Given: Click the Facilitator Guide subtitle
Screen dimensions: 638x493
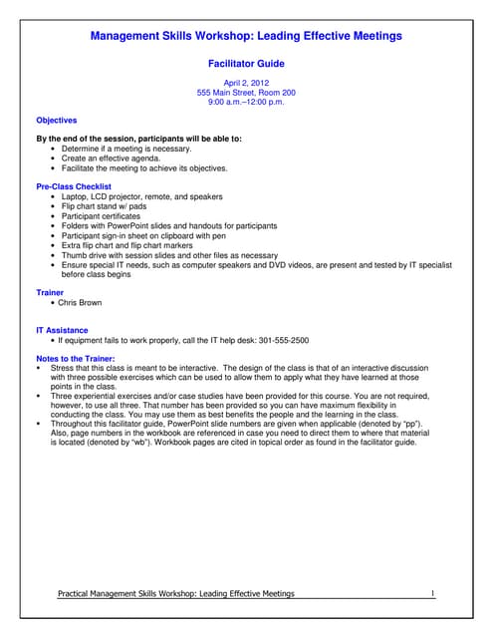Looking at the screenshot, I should (246, 62).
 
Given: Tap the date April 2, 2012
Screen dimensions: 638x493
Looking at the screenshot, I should (246, 83).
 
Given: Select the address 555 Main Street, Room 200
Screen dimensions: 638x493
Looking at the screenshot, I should (246, 93).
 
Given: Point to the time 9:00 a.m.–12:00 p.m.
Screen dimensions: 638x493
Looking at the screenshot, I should (246, 103).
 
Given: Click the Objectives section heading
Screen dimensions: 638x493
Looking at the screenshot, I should (57, 121).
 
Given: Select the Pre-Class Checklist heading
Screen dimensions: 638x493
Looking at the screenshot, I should (74, 186).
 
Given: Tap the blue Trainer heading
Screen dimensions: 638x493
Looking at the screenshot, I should (50, 292).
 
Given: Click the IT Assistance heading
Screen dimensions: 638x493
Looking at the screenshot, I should (62, 330).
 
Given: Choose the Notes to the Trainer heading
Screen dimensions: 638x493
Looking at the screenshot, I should (76, 358).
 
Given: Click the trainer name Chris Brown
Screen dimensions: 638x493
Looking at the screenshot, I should (82, 302).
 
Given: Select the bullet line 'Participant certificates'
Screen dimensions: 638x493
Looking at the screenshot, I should (102, 215).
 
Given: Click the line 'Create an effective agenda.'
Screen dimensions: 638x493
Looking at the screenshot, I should (114, 159).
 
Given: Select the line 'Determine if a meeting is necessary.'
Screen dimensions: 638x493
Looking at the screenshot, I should (126, 149).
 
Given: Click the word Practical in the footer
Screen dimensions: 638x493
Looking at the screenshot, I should (77, 594).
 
